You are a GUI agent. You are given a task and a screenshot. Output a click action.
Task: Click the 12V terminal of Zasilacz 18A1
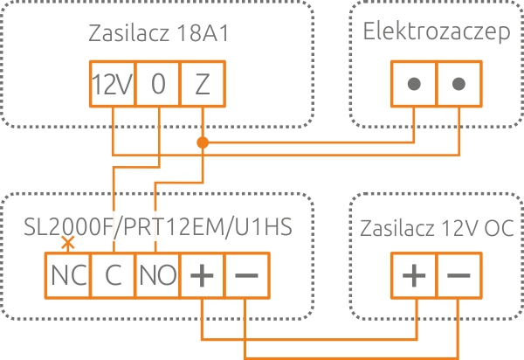(x=112, y=84)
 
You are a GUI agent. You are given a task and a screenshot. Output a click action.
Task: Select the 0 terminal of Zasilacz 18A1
(x=157, y=84)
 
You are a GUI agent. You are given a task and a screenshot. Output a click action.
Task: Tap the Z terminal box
(x=203, y=84)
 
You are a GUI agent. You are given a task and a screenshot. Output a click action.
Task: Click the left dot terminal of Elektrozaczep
(x=414, y=84)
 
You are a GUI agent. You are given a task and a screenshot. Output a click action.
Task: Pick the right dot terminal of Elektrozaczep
(x=459, y=84)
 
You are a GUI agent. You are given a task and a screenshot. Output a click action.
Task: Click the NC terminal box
(x=66, y=274)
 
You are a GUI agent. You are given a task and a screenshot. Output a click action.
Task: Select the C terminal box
(x=112, y=274)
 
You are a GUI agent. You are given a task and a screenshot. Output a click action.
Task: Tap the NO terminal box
(x=157, y=274)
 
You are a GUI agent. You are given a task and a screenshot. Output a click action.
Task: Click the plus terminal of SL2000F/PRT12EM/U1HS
(x=203, y=274)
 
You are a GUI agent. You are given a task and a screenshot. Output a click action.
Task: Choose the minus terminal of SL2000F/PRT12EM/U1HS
(x=247, y=274)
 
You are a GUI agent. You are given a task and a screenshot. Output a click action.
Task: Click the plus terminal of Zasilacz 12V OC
(x=414, y=274)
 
